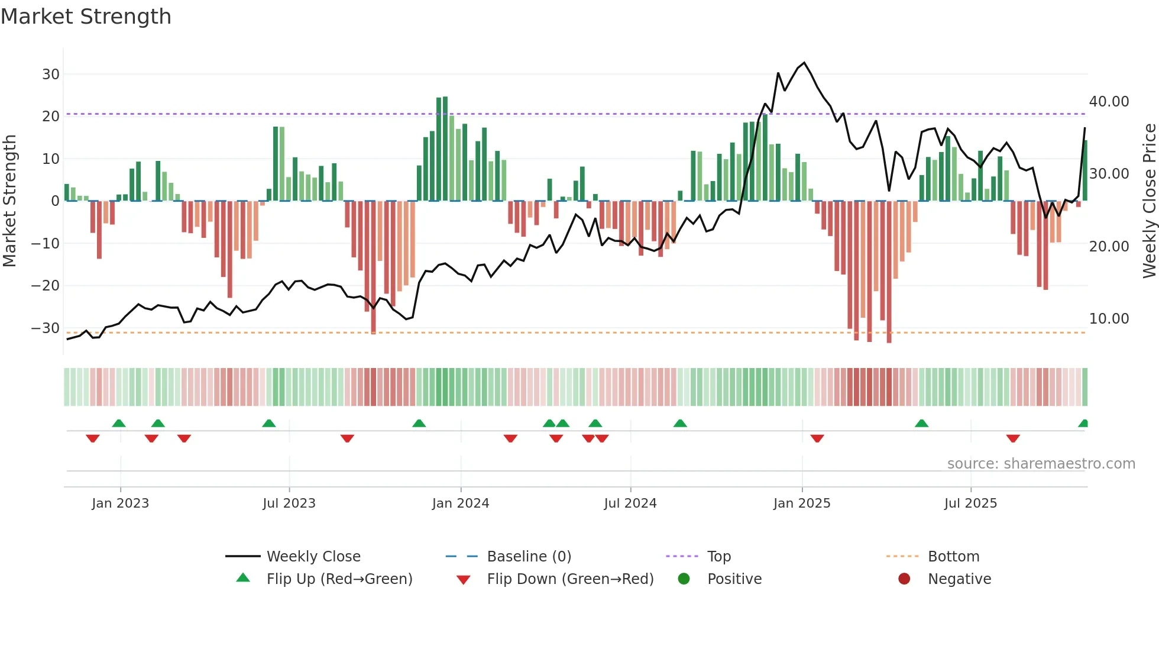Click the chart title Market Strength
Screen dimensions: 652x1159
[86, 17]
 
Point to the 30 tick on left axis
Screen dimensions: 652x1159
[51, 75]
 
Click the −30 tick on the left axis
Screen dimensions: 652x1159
[46, 328]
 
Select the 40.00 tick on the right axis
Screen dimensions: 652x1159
[1109, 102]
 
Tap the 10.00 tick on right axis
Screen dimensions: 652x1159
[1109, 319]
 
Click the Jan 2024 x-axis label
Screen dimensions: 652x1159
[460, 503]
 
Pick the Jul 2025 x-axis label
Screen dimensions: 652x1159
[970, 503]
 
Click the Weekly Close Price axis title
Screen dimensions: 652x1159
[1149, 201]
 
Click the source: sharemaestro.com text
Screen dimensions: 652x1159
[1041, 464]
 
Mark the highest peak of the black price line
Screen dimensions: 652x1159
[804, 63]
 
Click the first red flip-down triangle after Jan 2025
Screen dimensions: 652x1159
[817, 438]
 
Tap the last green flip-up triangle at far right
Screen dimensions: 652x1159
[1083, 424]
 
